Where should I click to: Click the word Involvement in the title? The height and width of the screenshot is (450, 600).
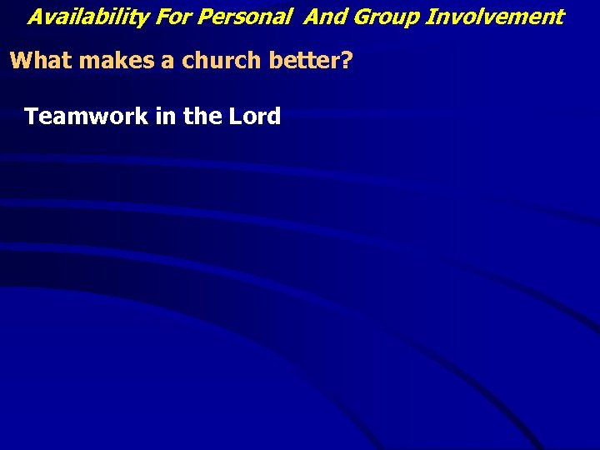(x=495, y=17)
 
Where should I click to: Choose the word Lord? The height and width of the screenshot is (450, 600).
(x=255, y=116)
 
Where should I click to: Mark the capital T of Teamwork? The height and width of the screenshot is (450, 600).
(x=32, y=116)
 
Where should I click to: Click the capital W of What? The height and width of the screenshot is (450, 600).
(x=21, y=61)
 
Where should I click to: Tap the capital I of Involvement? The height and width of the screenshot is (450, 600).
(x=429, y=17)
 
